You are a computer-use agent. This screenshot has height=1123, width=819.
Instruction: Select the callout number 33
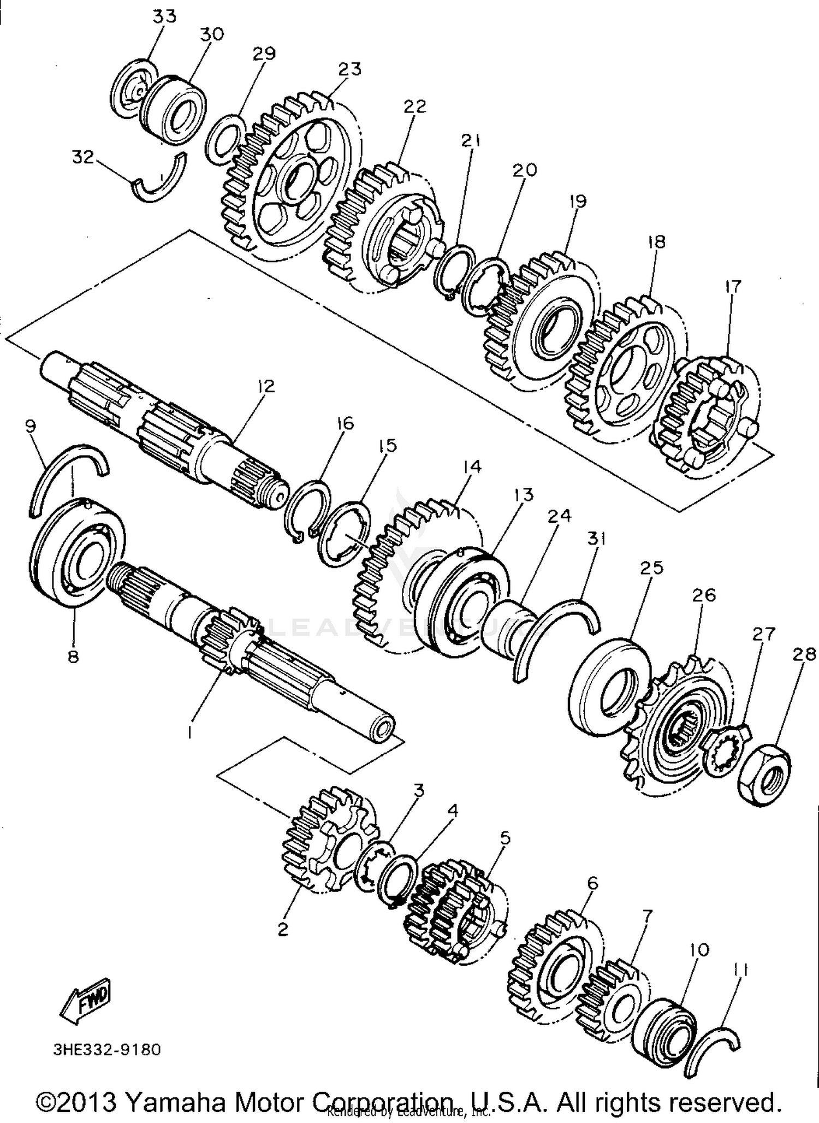(x=164, y=16)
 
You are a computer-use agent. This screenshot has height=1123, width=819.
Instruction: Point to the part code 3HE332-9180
(x=107, y=1049)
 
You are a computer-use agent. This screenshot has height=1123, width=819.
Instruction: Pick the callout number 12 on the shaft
(x=266, y=386)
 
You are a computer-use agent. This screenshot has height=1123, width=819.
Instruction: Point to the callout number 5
(x=505, y=837)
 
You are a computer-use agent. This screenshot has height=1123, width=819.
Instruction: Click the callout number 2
(x=283, y=929)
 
